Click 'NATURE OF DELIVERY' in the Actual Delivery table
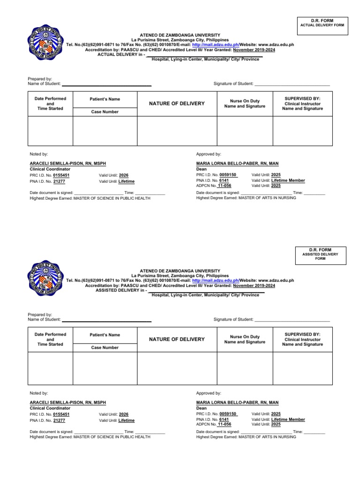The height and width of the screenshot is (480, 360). click(177, 103)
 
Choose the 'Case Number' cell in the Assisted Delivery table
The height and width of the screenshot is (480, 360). click(105, 348)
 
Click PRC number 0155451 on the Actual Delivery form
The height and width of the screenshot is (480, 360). click(61, 175)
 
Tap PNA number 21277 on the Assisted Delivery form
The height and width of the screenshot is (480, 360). click(59, 420)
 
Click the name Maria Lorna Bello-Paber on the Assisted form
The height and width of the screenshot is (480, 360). click(237, 403)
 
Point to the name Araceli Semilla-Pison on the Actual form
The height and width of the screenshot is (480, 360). click(68, 163)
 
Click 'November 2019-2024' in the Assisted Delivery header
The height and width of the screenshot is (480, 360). click(254, 285)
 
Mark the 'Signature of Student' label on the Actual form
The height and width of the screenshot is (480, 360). click(233, 83)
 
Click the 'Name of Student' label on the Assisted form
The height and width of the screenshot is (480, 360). click(44, 319)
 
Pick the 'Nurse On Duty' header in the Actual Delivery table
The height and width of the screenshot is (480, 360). click(245, 101)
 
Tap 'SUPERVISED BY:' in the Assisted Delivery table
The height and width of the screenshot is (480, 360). click(302, 334)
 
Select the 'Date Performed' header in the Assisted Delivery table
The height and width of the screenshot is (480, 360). click(50, 334)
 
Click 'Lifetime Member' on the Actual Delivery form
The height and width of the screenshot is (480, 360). click(288, 180)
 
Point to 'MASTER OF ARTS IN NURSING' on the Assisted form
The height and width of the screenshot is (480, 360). click(267, 437)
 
